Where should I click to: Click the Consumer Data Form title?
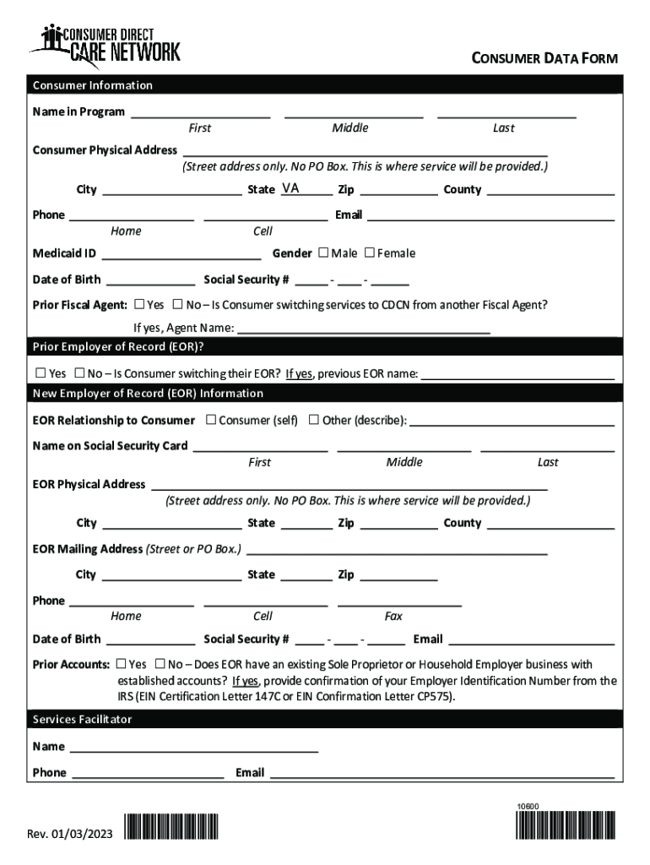pyautogui.click(x=544, y=58)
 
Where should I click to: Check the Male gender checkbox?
pyautogui.click(x=323, y=253)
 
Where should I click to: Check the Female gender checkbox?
pyautogui.click(x=369, y=253)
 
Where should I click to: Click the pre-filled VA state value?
pyautogui.click(x=290, y=188)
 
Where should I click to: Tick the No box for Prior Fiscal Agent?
pyautogui.click(x=178, y=304)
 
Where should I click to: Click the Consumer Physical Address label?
pyautogui.click(x=105, y=150)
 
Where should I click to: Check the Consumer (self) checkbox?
pyautogui.click(x=210, y=420)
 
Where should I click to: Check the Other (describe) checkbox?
pyautogui.click(x=313, y=420)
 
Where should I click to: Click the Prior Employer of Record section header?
pyautogui.click(x=118, y=346)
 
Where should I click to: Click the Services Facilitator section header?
pyautogui.click(x=82, y=719)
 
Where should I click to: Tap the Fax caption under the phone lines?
pyautogui.click(x=393, y=617)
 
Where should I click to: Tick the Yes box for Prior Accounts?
pyautogui.click(x=121, y=664)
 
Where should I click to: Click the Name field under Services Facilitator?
pyautogui.click(x=193, y=747)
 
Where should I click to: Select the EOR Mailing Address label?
pyautogui.click(x=88, y=549)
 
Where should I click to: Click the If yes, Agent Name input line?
pyautogui.click(x=364, y=329)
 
